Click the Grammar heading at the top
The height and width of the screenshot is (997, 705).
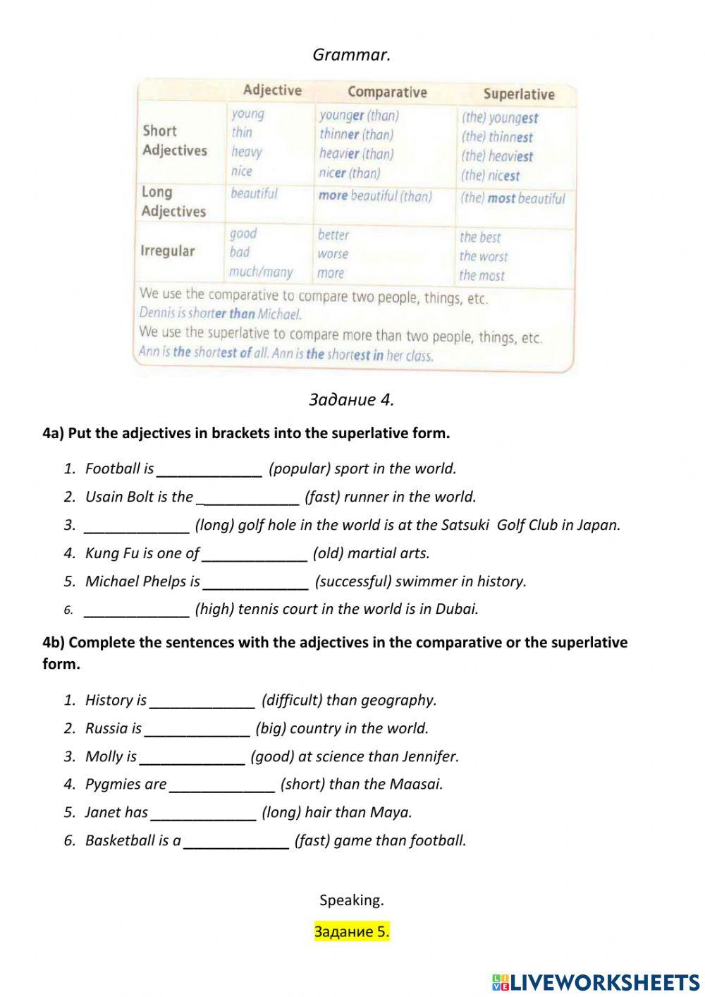pyautogui.click(x=351, y=55)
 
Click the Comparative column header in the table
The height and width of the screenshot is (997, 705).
pyautogui.click(x=387, y=92)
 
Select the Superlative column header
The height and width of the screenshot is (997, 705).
pyautogui.click(x=519, y=95)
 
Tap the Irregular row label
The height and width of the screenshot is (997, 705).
pyautogui.click(x=168, y=251)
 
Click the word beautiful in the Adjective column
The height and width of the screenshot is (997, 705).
pyautogui.click(x=254, y=194)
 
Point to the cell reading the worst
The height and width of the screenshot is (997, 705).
pyautogui.click(x=483, y=257)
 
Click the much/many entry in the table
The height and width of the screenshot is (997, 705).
pyautogui.click(x=260, y=272)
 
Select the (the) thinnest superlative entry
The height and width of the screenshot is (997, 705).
pyautogui.click(x=497, y=138)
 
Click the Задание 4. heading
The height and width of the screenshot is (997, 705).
pyautogui.click(x=351, y=400)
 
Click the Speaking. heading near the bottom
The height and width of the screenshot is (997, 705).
pyautogui.click(x=351, y=900)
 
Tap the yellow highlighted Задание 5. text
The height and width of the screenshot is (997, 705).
pyautogui.click(x=351, y=932)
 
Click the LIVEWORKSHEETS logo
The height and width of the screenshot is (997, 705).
pyautogui.click(x=596, y=981)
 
